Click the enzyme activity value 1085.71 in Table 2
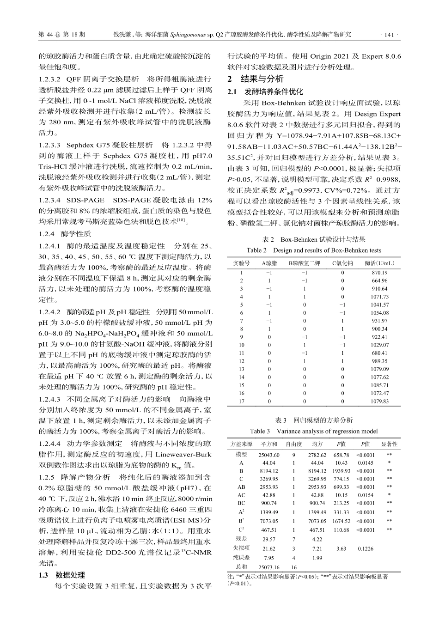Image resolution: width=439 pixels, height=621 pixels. tap(380, 385)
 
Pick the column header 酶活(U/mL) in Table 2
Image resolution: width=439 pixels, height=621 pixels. tap(380, 263)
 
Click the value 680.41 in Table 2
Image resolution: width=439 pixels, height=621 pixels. tap(380, 353)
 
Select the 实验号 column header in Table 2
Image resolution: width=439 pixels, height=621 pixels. tap(241, 263)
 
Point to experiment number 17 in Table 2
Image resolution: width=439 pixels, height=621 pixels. tap(241, 402)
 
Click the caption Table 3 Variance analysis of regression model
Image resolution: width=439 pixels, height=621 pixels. tap(314, 431)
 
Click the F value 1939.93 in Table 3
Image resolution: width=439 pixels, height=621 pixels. tap(341, 471)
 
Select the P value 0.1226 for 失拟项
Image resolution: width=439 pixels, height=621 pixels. tap(366, 549)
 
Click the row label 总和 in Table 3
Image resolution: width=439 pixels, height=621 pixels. tap(241, 566)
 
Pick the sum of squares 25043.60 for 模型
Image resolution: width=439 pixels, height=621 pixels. tap(269, 455)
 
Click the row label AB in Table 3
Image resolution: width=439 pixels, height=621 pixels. tap(241, 487)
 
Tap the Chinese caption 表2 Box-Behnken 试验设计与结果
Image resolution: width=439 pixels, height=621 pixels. tap(314, 239)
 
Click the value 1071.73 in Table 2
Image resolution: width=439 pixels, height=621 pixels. tap(380, 297)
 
